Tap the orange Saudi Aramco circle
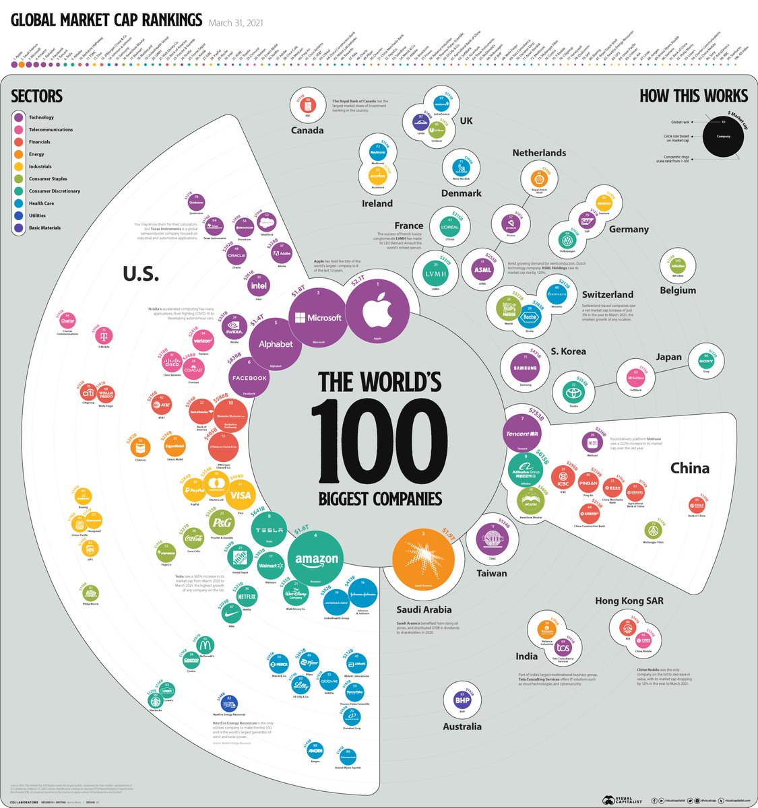[422, 558]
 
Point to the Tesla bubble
[270, 530]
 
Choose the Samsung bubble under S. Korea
[525, 368]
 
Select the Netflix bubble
[247, 596]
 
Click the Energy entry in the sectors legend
[36, 154]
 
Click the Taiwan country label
[491, 574]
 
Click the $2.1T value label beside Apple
[358, 279]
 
